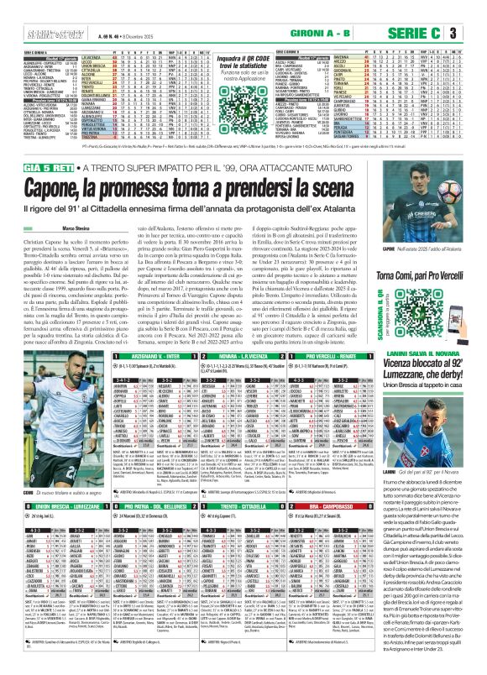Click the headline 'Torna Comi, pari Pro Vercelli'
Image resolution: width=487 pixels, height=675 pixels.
pos(442,301)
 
